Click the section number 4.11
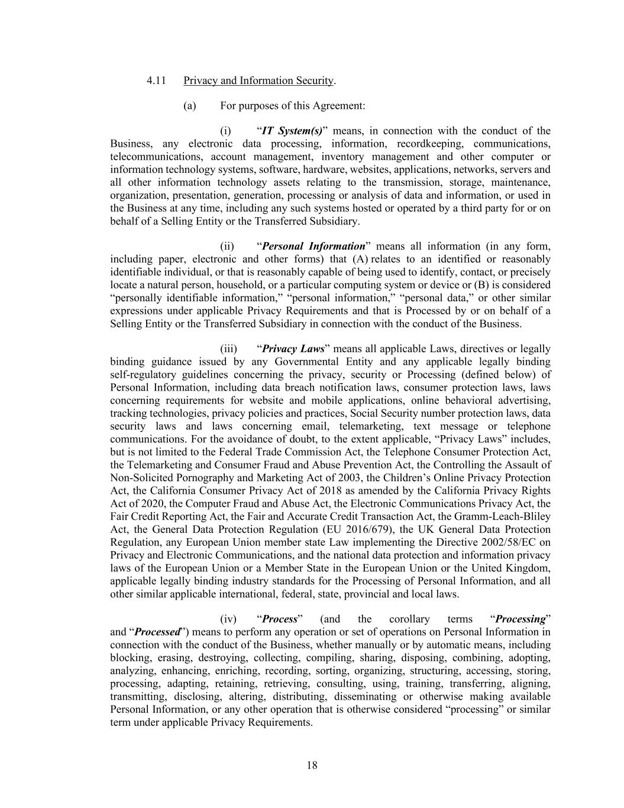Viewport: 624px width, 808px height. [156, 81]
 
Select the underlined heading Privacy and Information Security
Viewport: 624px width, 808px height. [258, 81]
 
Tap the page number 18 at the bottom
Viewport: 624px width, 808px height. [312, 765]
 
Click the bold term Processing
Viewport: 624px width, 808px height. [520, 619]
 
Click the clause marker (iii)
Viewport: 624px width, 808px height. [228, 349]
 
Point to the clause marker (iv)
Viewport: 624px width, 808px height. [228, 619]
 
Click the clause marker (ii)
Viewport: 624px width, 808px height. [227, 246]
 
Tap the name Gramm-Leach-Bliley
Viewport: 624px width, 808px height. [505, 516]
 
